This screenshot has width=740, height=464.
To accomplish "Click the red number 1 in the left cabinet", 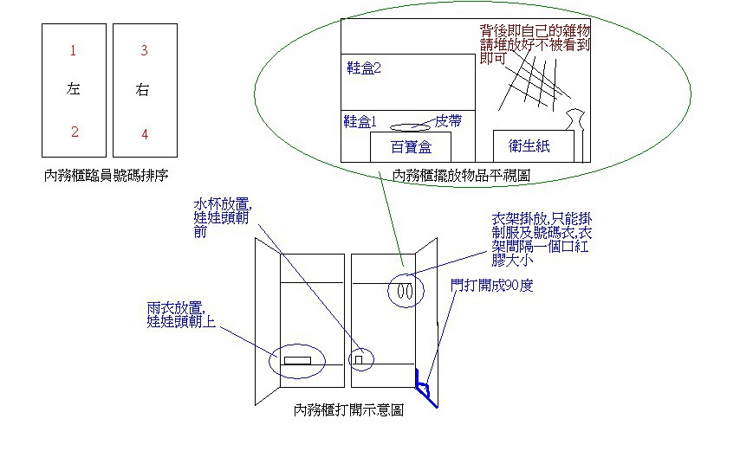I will click(x=73, y=51).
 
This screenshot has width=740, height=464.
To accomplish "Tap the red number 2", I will click(x=75, y=132).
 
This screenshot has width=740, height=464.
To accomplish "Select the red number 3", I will click(x=144, y=51).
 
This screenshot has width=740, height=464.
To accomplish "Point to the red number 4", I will click(x=145, y=134).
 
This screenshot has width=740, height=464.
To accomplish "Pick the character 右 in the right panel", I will click(x=144, y=89).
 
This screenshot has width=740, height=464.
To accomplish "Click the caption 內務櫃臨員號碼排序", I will click(x=106, y=175).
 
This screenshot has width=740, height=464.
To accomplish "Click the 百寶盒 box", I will click(x=411, y=146).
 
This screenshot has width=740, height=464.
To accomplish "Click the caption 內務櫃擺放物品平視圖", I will click(x=462, y=175).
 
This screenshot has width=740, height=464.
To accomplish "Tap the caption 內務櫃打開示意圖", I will click(x=348, y=410).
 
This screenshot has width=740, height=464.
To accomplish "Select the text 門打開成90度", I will click(x=491, y=285).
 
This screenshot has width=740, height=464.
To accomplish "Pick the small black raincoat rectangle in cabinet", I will click(x=298, y=359).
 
